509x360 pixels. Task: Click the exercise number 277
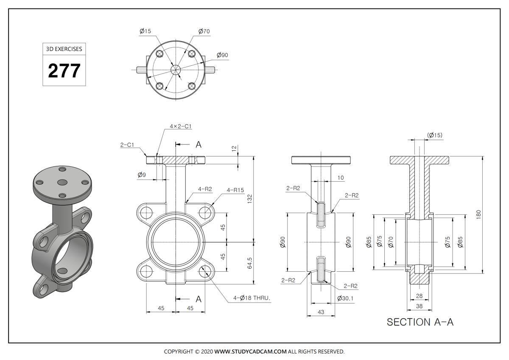(64, 70)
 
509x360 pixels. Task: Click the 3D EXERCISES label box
(64, 49)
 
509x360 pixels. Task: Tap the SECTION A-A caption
(420, 322)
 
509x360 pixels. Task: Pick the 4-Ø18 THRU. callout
(252, 298)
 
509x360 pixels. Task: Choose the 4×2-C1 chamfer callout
(181, 127)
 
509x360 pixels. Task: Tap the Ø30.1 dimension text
(345, 298)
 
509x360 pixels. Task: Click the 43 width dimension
(321, 312)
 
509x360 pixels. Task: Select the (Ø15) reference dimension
(435, 135)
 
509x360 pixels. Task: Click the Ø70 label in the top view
(204, 31)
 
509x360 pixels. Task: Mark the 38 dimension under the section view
(420, 306)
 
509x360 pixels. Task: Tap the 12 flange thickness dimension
(233, 148)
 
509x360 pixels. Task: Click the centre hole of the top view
(175, 70)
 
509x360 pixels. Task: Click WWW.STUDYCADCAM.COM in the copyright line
(250, 352)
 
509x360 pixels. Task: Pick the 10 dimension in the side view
(341, 178)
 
